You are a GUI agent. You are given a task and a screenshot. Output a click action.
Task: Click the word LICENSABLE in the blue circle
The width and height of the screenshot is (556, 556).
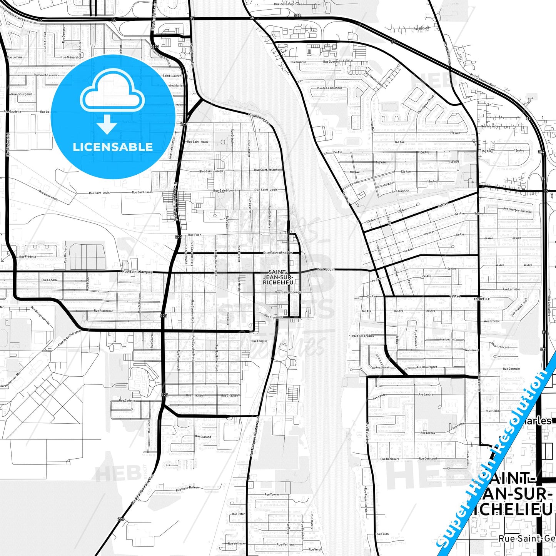(x=113, y=147)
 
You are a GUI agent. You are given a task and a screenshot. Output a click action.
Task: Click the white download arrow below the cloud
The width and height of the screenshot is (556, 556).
(x=107, y=125)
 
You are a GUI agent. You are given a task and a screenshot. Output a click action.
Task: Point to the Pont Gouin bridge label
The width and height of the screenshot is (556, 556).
(x=325, y=269)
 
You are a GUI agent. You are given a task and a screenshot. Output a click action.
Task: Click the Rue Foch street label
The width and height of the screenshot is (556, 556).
(x=194, y=235)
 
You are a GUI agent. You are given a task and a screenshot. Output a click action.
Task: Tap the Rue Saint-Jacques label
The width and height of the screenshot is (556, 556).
(x=137, y=272)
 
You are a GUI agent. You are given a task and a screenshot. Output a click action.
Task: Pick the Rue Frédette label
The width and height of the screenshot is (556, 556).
(x=28, y=257)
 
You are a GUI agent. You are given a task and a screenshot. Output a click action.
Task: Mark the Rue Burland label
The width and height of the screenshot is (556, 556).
(x=203, y=437)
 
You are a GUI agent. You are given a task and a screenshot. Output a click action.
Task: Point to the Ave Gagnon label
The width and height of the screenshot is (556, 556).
(x=400, y=191)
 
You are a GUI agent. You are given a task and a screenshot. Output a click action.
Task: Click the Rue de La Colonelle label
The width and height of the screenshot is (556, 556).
(x=329, y=88)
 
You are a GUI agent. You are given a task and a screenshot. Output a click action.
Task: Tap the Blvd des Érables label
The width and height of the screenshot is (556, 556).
(x=363, y=336)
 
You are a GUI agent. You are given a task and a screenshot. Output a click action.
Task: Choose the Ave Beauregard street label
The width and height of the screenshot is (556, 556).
(x=427, y=367)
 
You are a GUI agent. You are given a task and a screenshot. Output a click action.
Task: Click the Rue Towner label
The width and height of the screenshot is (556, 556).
(x=272, y=494)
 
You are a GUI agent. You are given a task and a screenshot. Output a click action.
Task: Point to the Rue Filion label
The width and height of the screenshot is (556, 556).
(x=382, y=534)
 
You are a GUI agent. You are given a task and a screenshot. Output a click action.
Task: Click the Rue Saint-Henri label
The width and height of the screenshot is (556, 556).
(x=197, y=142)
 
